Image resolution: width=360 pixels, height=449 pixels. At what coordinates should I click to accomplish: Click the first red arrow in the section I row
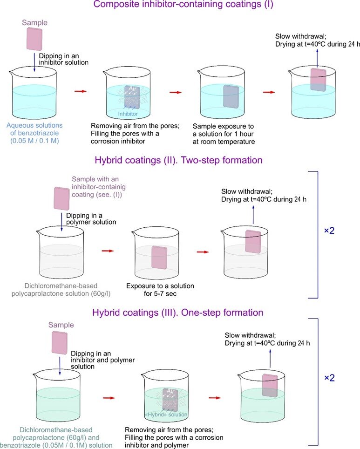81,91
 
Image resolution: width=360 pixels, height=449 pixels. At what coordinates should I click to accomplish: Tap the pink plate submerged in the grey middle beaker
159,257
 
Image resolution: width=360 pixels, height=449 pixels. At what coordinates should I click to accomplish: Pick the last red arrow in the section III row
215,398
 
